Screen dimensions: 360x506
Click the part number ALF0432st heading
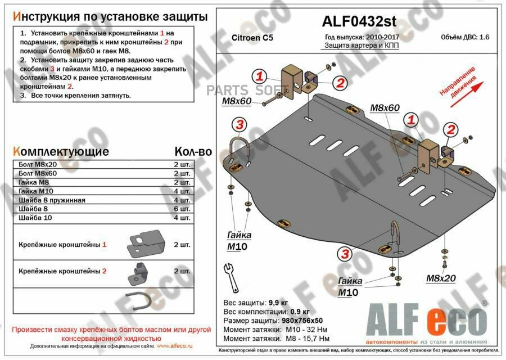[x=359, y=21]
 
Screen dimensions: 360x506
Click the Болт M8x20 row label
[x=39, y=164]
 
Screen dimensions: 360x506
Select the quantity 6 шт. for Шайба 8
[x=182, y=209]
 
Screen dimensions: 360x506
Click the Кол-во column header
[x=193, y=151]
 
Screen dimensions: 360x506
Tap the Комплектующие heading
[x=60, y=151]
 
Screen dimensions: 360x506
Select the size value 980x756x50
[x=305, y=320]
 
